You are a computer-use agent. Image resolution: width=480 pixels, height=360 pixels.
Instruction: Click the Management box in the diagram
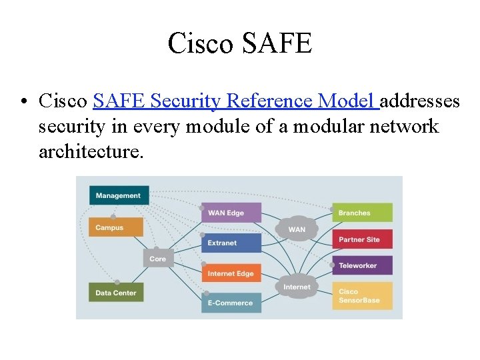click(x=119, y=195)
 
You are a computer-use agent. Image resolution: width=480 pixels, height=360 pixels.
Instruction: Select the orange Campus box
click(x=115, y=227)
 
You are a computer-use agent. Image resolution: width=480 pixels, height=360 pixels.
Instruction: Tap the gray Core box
click(x=158, y=259)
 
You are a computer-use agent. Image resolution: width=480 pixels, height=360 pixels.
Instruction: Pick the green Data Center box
click(x=115, y=292)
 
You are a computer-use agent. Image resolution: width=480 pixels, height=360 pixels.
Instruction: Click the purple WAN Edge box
click(x=231, y=213)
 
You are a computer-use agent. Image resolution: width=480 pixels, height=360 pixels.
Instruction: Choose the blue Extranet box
click(x=231, y=243)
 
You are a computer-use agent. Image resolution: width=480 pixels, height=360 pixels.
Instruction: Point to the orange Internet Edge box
click(x=231, y=273)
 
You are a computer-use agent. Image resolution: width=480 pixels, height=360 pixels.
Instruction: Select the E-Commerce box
click(x=231, y=303)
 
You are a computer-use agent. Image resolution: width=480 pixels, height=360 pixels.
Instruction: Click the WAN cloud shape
click(x=297, y=228)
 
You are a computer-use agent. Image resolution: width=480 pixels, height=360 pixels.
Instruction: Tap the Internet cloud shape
click(x=297, y=287)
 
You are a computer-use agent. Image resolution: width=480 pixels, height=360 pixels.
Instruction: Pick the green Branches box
click(x=362, y=213)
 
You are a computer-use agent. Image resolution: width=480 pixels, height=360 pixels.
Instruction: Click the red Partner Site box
click(x=362, y=239)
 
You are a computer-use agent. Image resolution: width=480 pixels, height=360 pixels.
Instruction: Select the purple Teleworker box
click(x=362, y=265)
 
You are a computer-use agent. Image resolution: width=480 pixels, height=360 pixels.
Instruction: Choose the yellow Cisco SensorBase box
click(x=362, y=295)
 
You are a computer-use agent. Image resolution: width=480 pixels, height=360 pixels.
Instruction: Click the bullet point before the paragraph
click(x=24, y=102)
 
